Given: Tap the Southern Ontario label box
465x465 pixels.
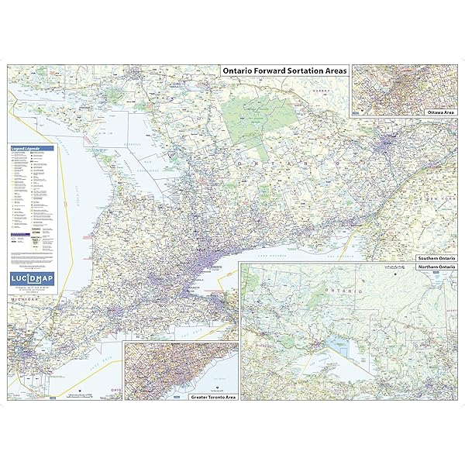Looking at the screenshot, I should (x=436, y=257).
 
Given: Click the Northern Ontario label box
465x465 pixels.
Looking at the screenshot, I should (x=436, y=267).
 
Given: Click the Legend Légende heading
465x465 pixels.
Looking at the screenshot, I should (x=29, y=147).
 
